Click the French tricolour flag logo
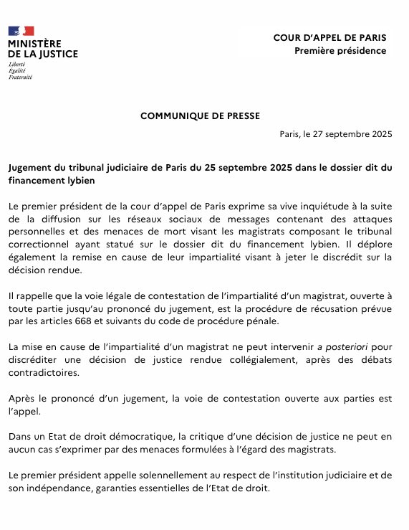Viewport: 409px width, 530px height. tap(21, 31)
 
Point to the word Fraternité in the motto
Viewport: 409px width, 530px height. tap(21, 77)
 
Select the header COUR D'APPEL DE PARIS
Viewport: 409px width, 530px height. tap(329, 37)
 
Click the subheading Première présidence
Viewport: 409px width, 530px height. tap(340, 50)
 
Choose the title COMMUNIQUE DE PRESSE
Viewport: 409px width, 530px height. tap(200, 115)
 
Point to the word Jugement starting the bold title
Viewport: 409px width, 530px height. tap(34, 167)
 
